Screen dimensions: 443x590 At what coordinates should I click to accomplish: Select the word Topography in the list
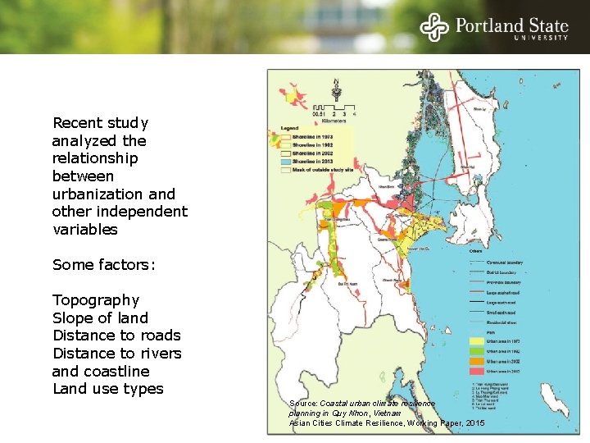coord(96,300)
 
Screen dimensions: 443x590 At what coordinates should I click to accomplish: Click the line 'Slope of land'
coord(100,318)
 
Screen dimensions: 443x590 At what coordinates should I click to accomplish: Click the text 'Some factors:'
coord(103,265)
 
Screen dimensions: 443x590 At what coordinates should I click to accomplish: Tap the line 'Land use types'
coord(107,389)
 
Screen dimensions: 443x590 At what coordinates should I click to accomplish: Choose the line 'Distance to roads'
coord(116,336)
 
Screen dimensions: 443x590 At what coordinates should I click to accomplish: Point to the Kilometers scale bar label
coord(337,119)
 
